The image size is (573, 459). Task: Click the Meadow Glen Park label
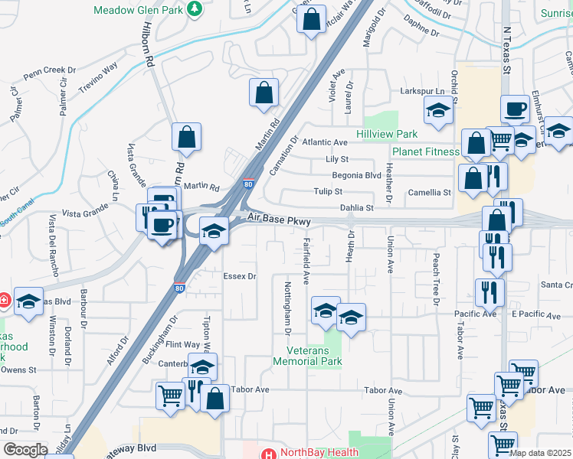click(139, 10)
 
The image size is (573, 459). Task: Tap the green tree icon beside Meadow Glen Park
click(195, 9)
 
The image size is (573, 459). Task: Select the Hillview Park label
click(387, 134)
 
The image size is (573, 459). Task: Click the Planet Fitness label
click(426, 151)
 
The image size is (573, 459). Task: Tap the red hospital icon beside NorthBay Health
click(268, 453)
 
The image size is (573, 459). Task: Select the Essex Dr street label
click(239, 276)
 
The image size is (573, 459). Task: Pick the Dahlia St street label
click(357, 207)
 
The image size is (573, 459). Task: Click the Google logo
click(25, 450)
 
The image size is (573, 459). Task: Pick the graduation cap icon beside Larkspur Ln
click(438, 112)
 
